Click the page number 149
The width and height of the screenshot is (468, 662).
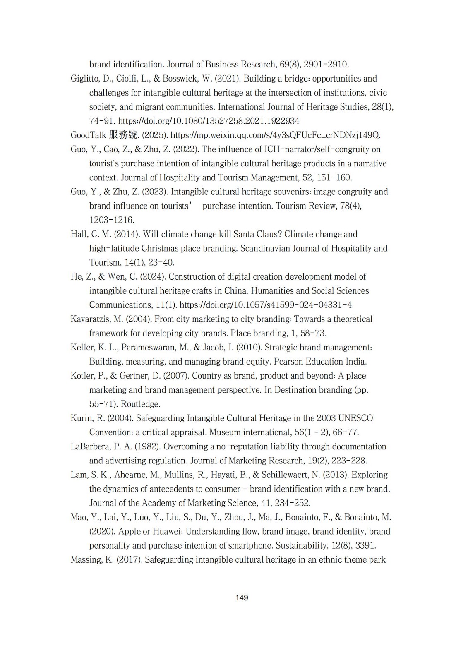242,597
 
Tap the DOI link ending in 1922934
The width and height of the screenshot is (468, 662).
209,121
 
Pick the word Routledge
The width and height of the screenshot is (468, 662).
140,404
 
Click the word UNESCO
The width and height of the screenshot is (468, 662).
356,418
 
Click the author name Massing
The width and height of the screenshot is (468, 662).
86,560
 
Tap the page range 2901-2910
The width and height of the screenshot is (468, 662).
326,65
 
